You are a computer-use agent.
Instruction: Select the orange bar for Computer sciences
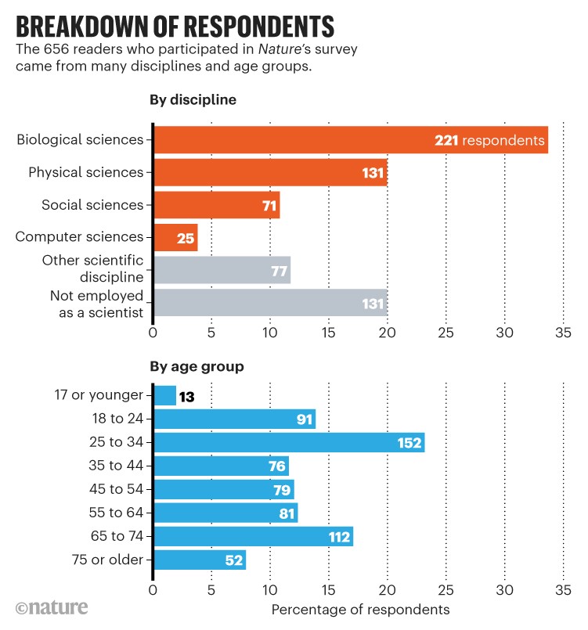tap(175, 237)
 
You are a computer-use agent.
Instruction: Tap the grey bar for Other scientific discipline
tap(222, 269)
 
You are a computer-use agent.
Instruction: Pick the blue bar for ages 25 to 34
tap(289, 442)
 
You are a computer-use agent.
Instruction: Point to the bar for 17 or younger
tap(164, 396)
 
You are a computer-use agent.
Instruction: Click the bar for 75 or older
tap(200, 560)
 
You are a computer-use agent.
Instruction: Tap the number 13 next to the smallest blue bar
tap(186, 397)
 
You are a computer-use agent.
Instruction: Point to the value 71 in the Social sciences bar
tap(266, 205)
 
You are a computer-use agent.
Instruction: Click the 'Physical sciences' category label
tap(86, 172)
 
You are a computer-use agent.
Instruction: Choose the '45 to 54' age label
tap(116, 489)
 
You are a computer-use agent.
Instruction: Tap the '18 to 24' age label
tap(116, 419)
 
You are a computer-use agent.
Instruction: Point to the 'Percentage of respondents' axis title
tap(360, 609)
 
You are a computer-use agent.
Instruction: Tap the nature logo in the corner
tap(52, 608)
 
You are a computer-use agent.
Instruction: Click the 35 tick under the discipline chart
tap(563, 332)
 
